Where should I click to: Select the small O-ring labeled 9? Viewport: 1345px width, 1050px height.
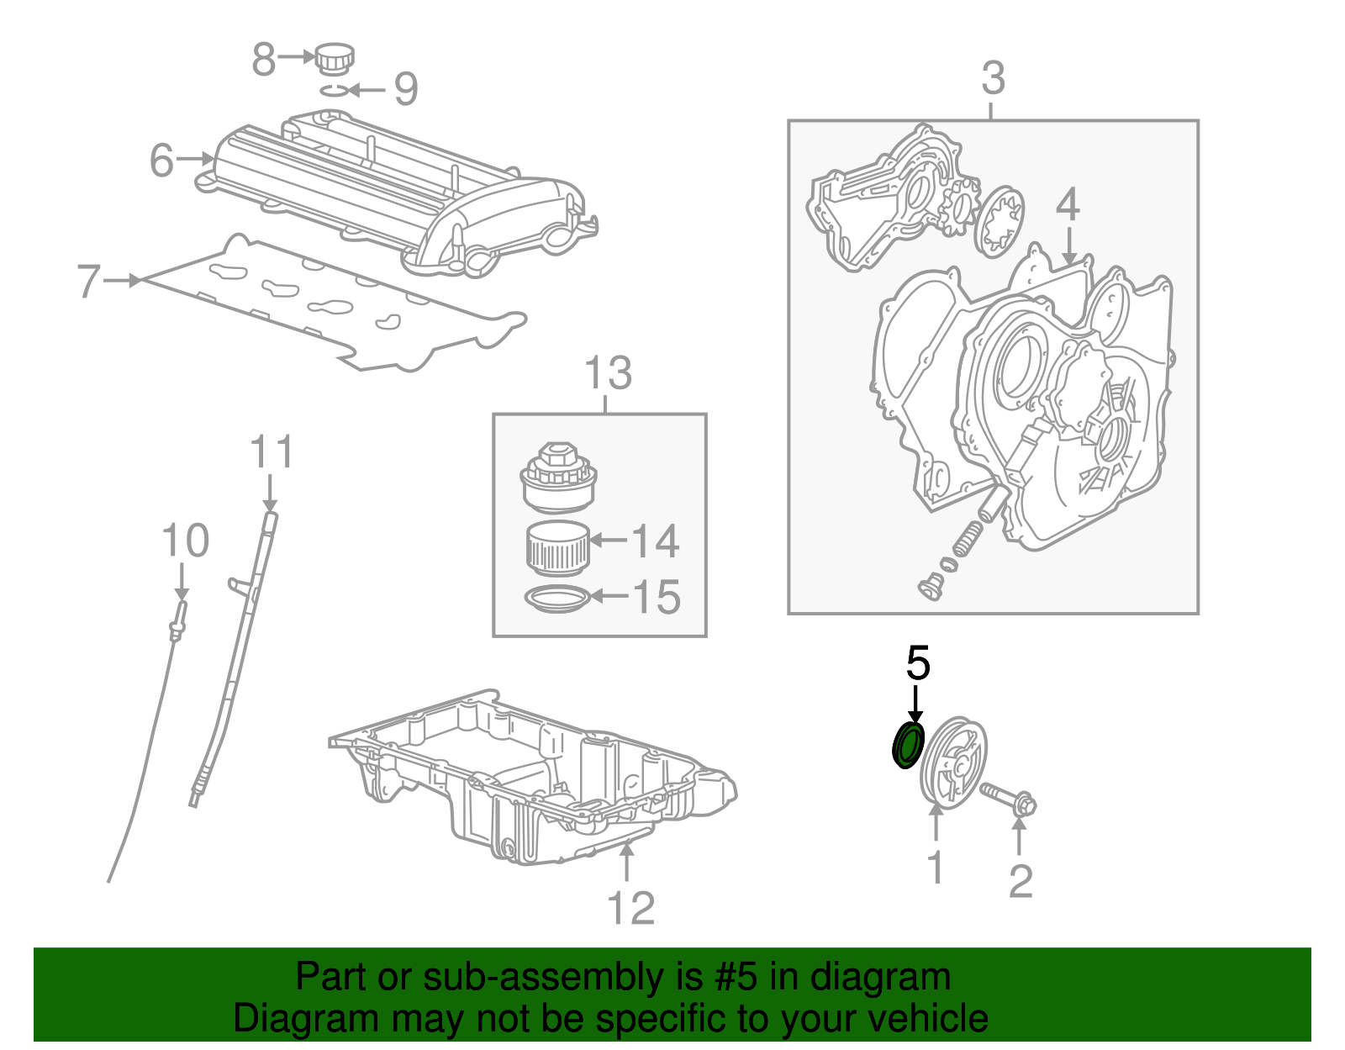coord(335,89)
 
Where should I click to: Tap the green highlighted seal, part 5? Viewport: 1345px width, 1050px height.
coord(907,745)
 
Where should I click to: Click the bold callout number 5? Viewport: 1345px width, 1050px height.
coord(918,663)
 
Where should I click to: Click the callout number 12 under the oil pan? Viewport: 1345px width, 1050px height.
coord(630,908)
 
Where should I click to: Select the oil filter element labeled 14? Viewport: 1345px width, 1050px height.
coord(557,546)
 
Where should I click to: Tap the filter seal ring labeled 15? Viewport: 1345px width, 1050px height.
coord(556,599)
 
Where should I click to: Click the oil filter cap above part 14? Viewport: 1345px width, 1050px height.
coord(558,477)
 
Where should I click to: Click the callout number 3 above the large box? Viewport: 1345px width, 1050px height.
coord(993,78)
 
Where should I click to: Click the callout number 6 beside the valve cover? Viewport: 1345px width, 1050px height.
coord(162,160)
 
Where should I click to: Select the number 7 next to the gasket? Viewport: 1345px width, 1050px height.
coord(88,282)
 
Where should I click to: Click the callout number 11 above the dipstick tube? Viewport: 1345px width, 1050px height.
coord(272,453)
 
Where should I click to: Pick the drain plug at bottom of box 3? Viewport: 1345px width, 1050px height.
coord(931,586)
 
